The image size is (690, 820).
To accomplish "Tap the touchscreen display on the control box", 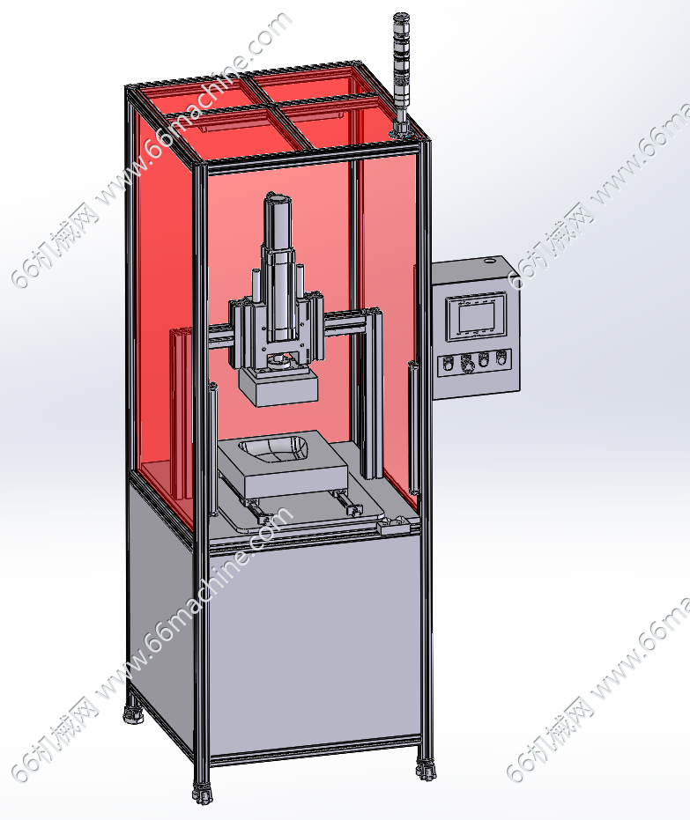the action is (476, 317).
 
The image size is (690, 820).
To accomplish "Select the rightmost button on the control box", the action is (501, 358).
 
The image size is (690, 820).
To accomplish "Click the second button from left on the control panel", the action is (465, 363).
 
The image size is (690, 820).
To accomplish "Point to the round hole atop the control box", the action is (490, 259).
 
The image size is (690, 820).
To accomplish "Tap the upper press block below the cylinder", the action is (278, 386).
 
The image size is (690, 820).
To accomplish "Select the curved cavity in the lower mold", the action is (273, 450).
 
